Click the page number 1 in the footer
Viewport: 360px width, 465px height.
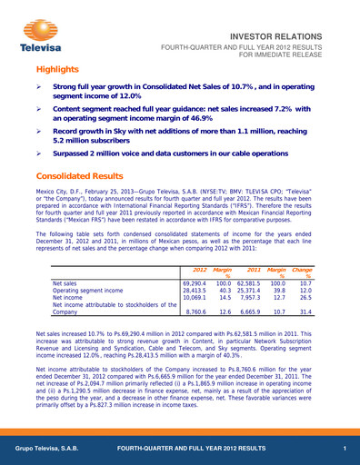[x=345, y=450]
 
